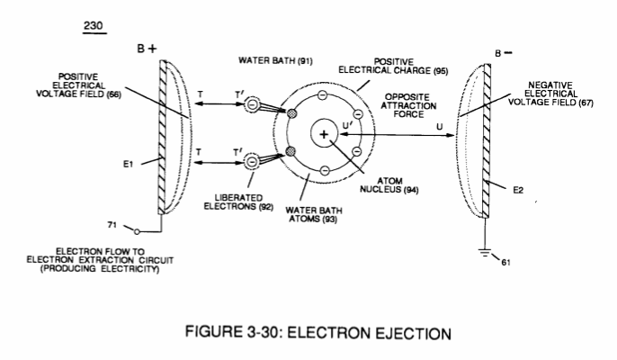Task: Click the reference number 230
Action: coord(94,26)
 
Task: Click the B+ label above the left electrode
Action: coord(147,49)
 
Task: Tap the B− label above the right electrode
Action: coord(504,53)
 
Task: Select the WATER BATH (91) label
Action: coord(275,60)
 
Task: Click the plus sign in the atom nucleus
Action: coord(324,135)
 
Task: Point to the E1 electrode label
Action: coord(129,164)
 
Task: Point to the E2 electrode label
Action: coord(518,190)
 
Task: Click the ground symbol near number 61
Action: coord(485,253)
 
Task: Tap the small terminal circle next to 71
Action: coord(137,232)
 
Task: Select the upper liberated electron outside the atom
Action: coord(252,104)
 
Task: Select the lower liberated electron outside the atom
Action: coord(252,162)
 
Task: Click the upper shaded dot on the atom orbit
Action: coord(291,113)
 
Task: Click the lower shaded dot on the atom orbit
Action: coord(291,151)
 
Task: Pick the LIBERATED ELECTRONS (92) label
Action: coord(238,202)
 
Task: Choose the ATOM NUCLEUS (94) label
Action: coord(389,185)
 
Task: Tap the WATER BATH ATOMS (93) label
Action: coord(314,215)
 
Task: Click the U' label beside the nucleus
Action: coord(348,125)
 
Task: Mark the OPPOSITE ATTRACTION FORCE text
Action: coord(408,105)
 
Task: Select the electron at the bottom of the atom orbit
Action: coord(325,170)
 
